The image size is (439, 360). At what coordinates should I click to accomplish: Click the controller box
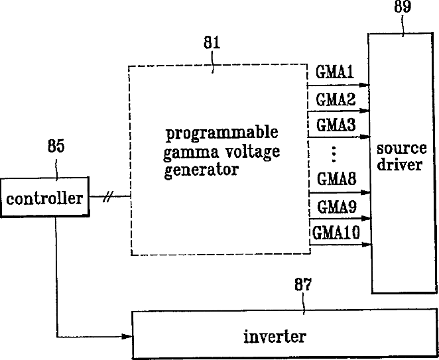[45, 198]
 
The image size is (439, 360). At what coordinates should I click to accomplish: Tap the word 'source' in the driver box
[401, 147]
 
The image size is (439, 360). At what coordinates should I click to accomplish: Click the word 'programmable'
[221, 132]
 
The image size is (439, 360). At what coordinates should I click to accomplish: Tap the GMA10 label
[336, 233]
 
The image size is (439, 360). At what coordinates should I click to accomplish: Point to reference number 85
[56, 147]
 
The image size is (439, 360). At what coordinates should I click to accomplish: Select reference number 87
[302, 286]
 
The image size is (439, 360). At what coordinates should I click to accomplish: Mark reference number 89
[403, 8]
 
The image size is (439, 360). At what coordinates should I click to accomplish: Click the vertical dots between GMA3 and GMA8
[334, 153]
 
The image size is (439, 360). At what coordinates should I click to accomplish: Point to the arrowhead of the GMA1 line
[364, 85]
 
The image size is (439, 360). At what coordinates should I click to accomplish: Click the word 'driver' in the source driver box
[401, 164]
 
